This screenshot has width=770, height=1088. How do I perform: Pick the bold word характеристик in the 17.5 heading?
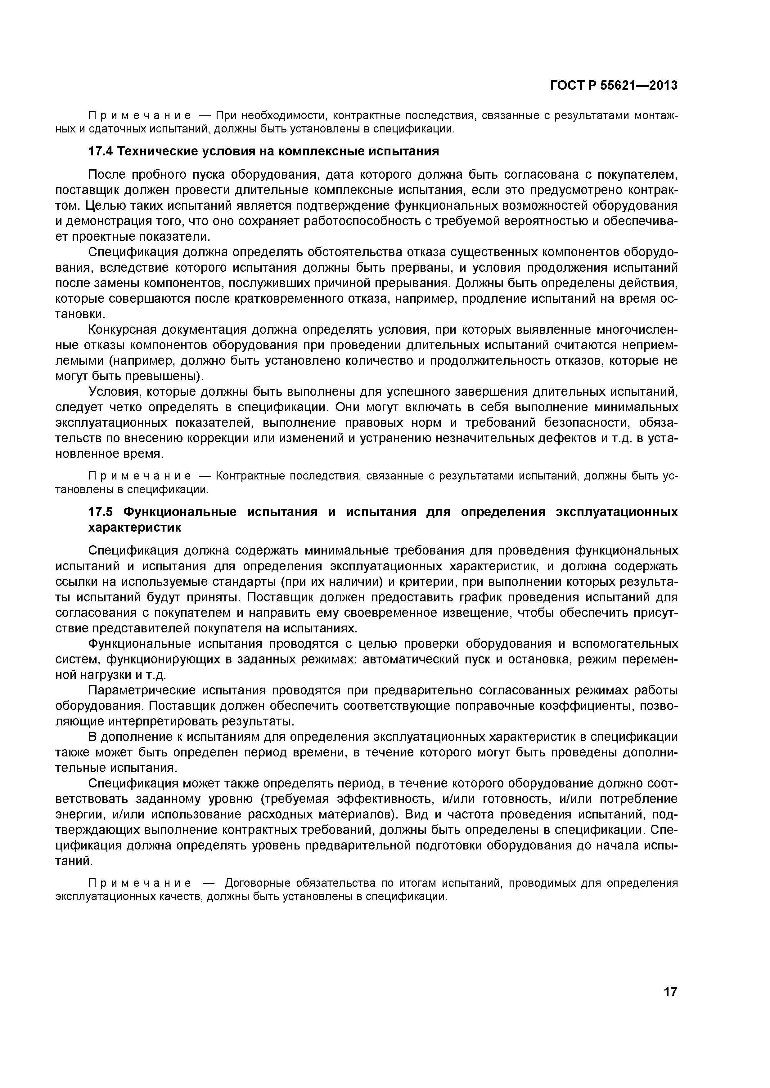tap(135, 528)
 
